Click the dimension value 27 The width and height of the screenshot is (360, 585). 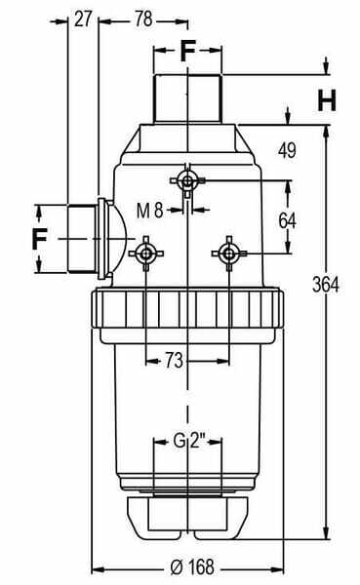pyautogui.click(x=83, y=19)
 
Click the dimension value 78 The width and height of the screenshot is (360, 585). pyautogui.click(x=143, y=19)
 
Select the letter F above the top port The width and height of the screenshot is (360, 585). pyautogui.click(x=188, y=51)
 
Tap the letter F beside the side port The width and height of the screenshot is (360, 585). pyautogui.click(x=40, y=239)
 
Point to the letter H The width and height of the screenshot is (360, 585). pyautogui.click(x=327, y=100)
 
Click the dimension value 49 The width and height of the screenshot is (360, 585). pyautogui.click(x=287, y=150)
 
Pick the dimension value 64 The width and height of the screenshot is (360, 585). pyautogui.click(x=287, y=220)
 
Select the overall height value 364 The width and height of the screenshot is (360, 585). pyautogui.click(x=326, y=285)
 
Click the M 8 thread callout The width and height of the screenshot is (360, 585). pyautogui.click(x=149, y=211)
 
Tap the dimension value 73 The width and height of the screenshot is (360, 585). pyautogui.click(x=174, y=361)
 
